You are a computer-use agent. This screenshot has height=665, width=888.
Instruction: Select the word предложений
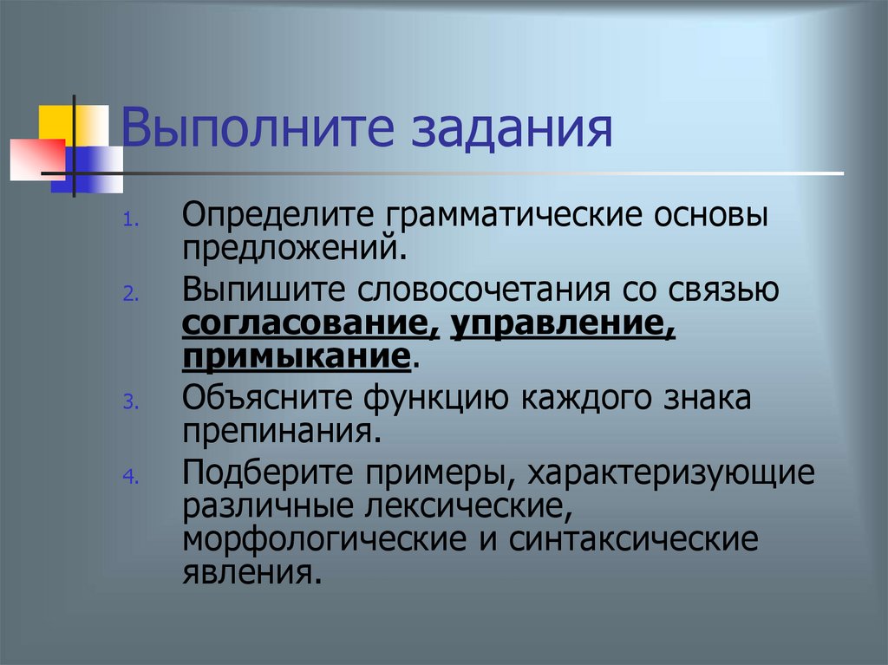coord(294,248)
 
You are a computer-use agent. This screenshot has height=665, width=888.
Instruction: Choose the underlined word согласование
coord(310,323)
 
